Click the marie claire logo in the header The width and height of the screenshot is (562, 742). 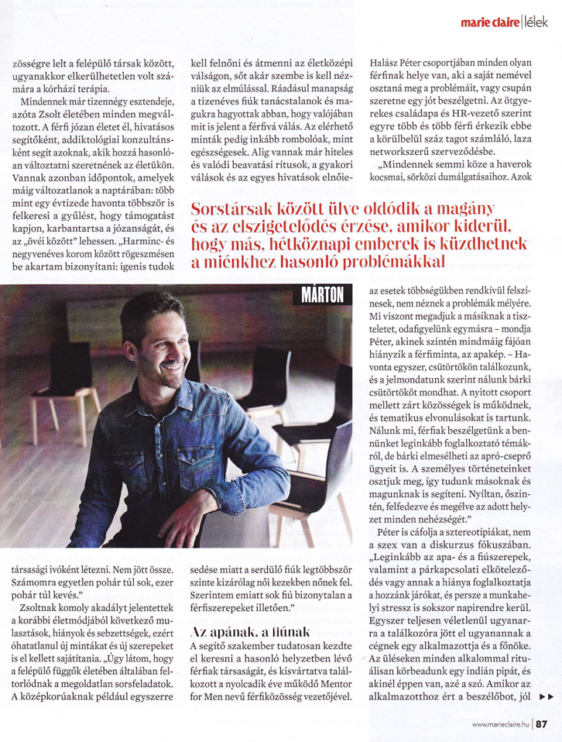coord(489,22)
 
